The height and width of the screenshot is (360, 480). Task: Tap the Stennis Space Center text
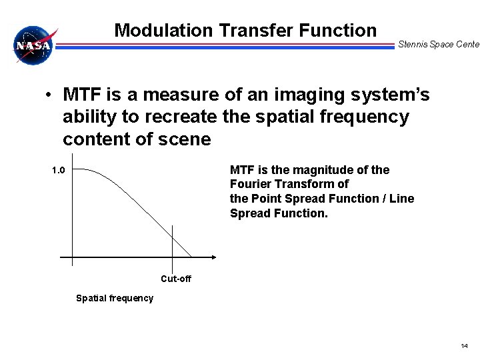point(438,45)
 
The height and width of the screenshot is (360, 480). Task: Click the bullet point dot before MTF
point(49,96)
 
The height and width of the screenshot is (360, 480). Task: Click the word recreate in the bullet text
point(185,117)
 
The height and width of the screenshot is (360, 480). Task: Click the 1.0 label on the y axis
point(59,170)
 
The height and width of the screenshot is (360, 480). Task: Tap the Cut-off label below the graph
point(176,279)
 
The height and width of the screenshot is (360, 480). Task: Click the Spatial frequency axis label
point(115,298)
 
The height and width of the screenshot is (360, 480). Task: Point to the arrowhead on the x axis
point(213,257)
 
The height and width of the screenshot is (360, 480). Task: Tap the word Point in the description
point(265,199)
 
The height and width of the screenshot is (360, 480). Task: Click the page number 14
point(464,345)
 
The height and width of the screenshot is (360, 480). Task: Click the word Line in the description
point(402,199)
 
